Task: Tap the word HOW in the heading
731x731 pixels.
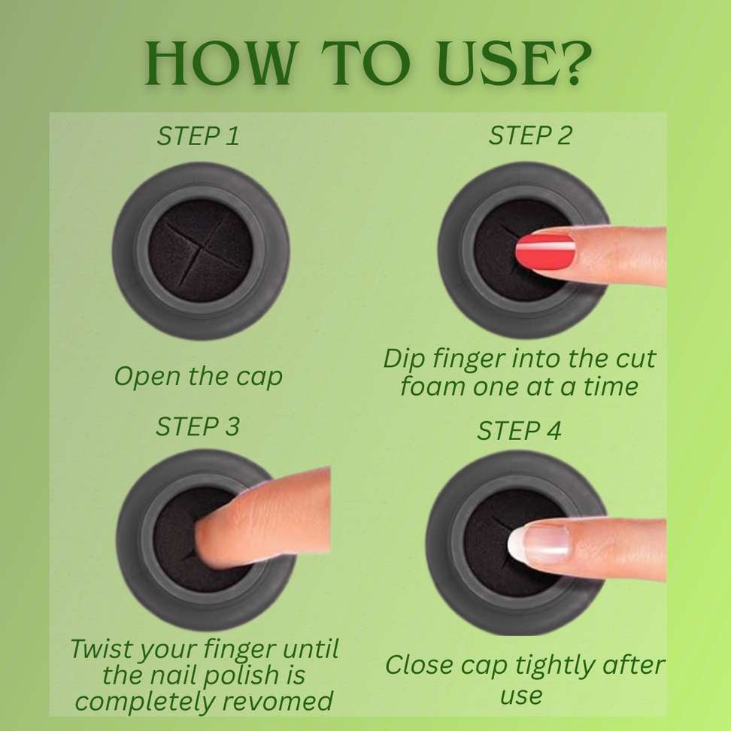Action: click(x=217, y=63)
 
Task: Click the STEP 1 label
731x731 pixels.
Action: click(x=198, y=136)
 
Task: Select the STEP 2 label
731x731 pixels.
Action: click(x=529, y=135)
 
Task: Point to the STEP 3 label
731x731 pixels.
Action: click(x=198, y=426)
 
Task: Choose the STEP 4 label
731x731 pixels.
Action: click(x=519, y=431)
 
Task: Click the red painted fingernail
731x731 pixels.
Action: click(x=545, y=252)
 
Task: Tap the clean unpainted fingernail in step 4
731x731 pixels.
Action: click(x=538, y=543)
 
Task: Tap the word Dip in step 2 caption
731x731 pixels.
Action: click(x=404, y=359)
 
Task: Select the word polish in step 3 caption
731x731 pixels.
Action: click(x=241, y=676)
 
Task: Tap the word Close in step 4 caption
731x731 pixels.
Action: click(x=419, y=664)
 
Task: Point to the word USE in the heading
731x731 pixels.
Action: click(x=491, y=63)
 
